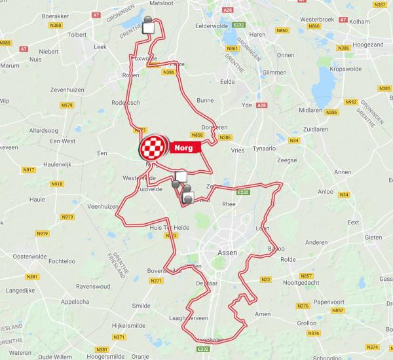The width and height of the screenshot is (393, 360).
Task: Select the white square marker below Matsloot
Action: pyautogui.click(x=149, y=27)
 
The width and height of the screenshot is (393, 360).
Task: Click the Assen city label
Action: pyautogui.click(x=227, y=251)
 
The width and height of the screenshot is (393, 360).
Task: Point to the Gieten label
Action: pyautogui.click(x=373, y=236)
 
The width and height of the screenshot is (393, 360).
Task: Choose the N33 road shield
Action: pyautogui.click(x=265, y=279)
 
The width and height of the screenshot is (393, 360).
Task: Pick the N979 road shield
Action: pyautogui.click(x=67, y=105)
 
